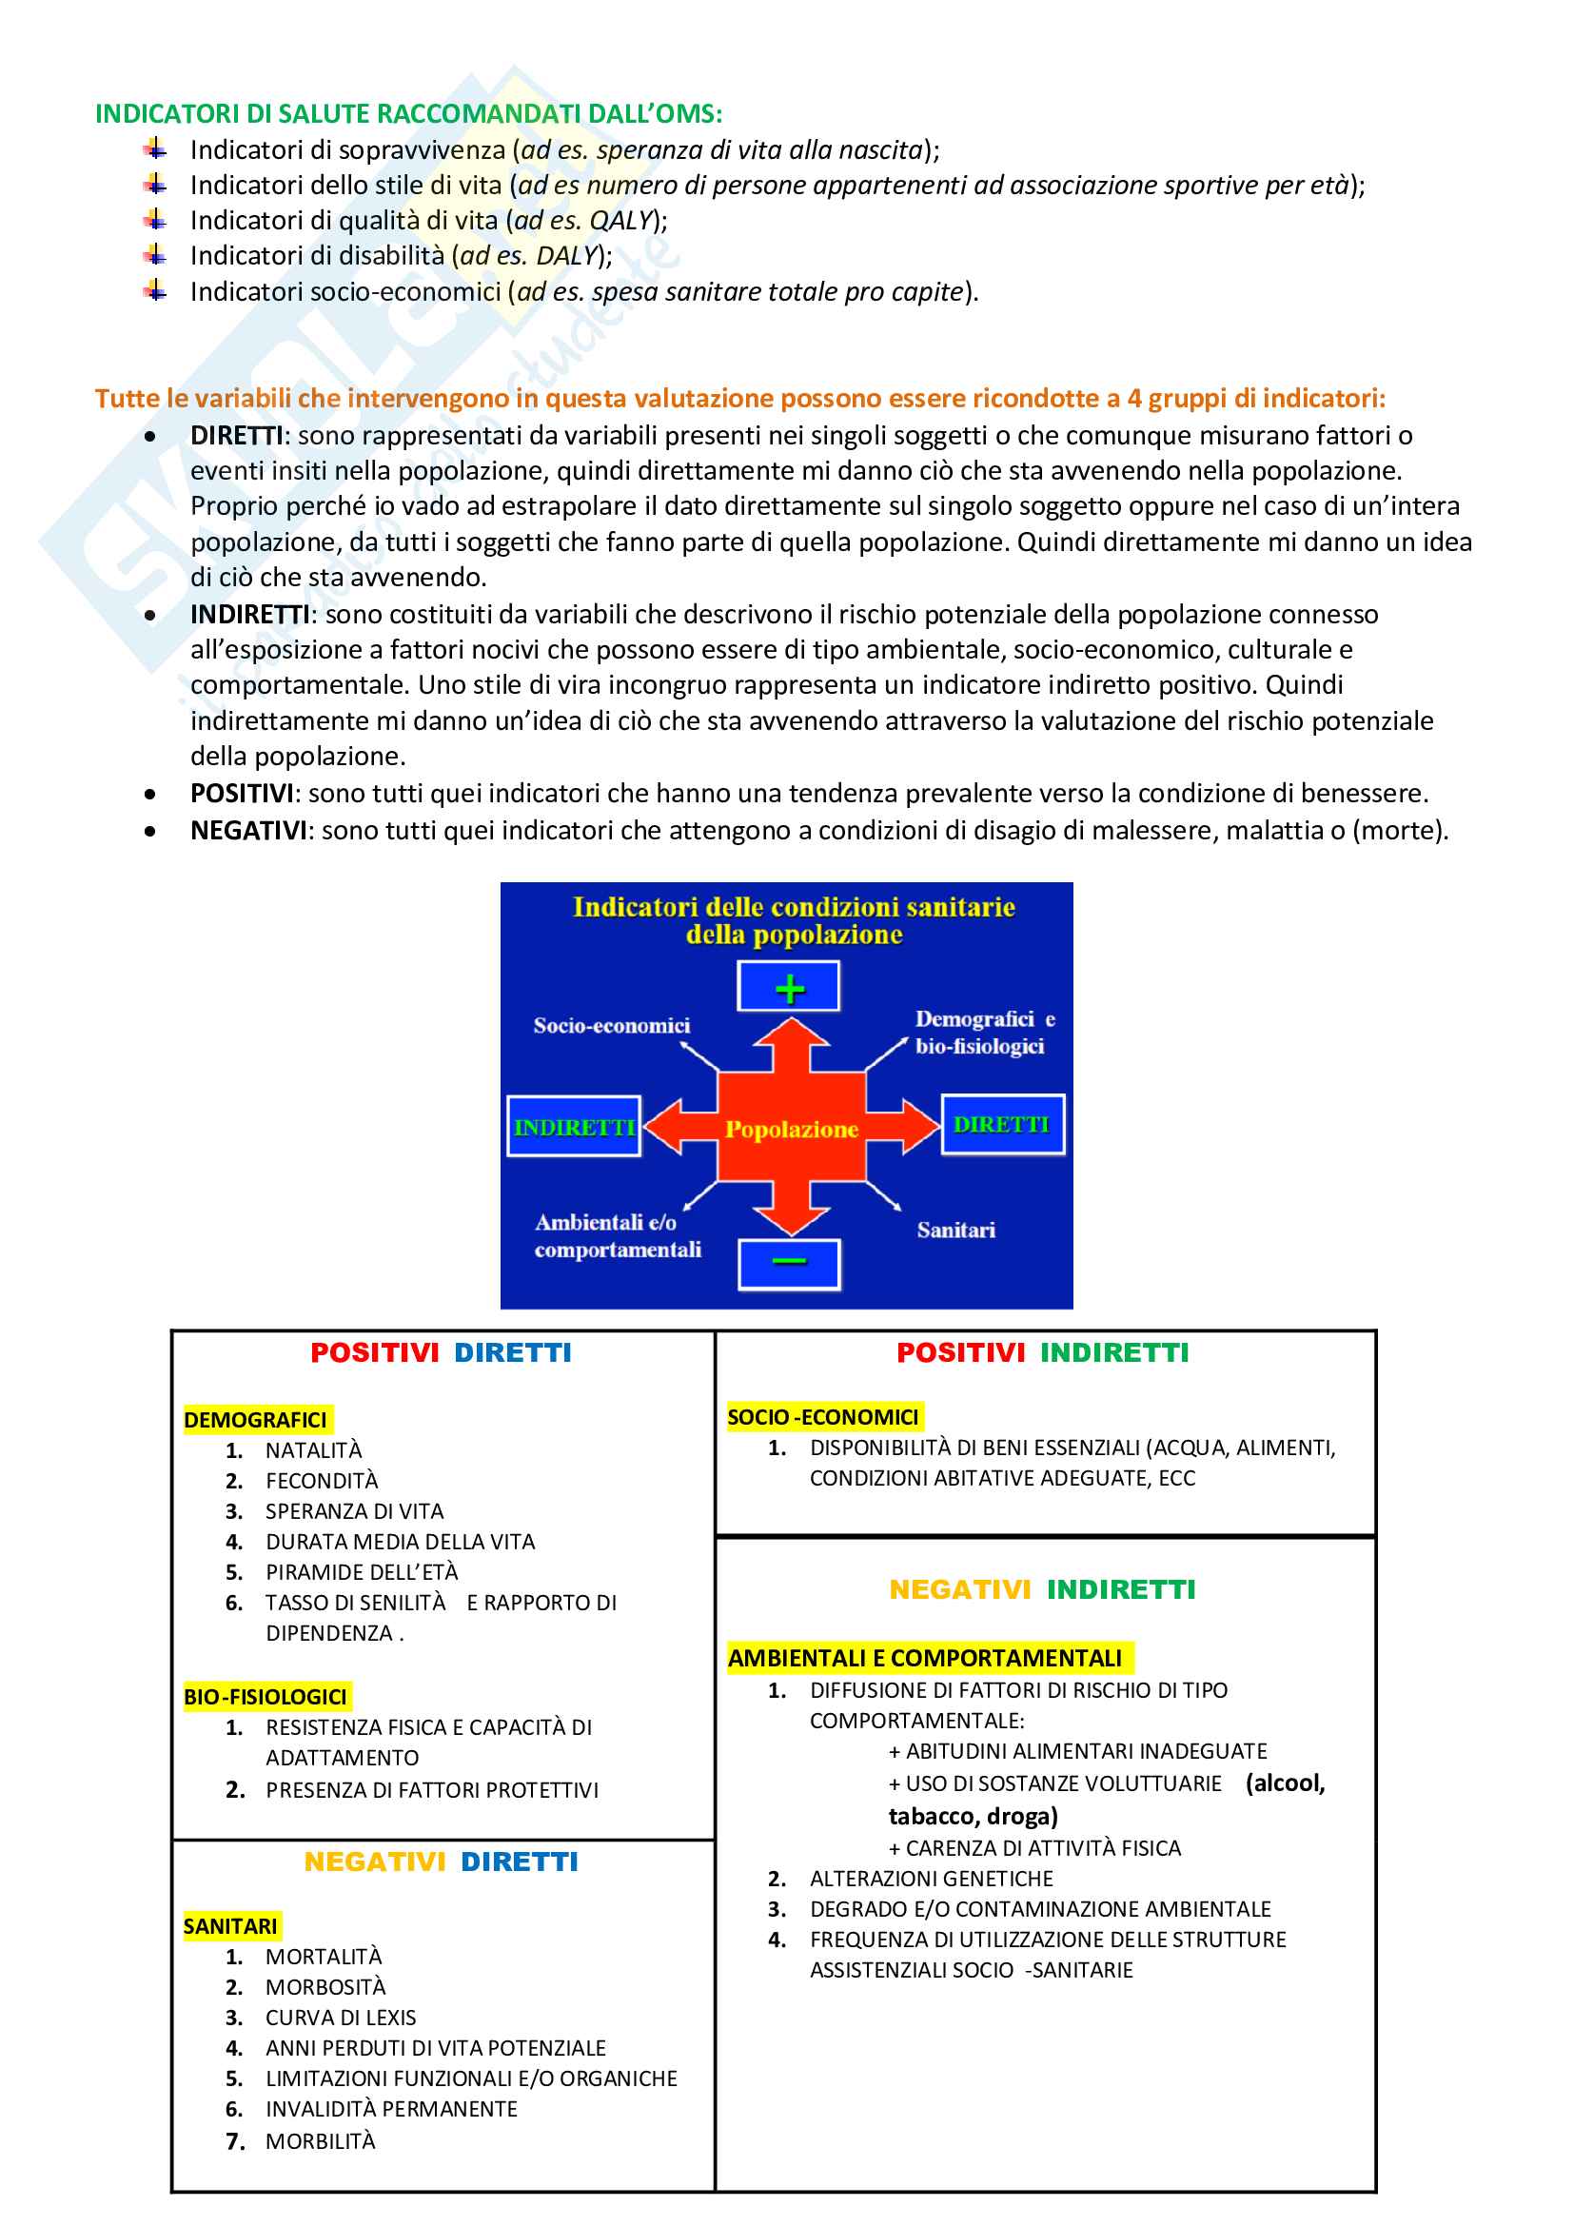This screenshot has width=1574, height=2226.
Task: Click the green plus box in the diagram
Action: (x=789, y=987)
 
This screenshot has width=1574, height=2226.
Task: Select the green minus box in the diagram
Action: (x=789, y=1263)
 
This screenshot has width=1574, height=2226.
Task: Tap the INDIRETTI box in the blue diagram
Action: (x=574, y=1127)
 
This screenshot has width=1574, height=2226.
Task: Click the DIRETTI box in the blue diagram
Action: (x=1002, y=1125)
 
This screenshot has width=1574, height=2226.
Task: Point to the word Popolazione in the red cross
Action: (x=792, y=1129)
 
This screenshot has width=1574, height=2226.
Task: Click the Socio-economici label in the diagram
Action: (x=612, y=1026)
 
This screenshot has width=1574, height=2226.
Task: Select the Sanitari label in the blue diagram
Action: (x=955, y=1231)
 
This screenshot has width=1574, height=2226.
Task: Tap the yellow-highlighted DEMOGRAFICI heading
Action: (x=256, y=1420)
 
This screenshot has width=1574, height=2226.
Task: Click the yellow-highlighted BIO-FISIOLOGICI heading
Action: (x=266, y=1697)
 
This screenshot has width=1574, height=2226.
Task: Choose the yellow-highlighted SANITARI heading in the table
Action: (x=230, y=1926)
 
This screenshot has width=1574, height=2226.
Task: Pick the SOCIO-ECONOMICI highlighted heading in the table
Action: (x=823, y=1417)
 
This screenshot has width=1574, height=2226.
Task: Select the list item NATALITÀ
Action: (x=313, y=1450)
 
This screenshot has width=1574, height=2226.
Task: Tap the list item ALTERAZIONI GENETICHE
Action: (x=932, y=1879)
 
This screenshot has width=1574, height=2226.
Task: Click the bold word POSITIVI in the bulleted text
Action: (x=242, y=793)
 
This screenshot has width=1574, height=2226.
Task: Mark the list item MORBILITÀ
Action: (x=320, y=2140)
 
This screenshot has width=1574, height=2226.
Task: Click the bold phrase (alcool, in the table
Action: (x=1285, y=1783)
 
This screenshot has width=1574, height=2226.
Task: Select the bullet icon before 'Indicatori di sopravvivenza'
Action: (x=155, y=149)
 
